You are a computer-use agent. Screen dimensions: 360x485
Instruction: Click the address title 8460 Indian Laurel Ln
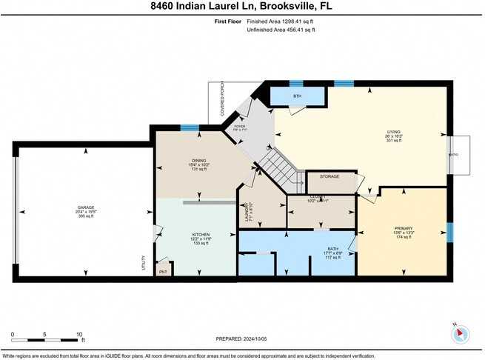(x=242, y=7)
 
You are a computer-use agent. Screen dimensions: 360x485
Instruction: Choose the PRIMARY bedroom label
(x=403, y=228)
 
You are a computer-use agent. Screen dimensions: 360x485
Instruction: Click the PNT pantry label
(x=163, y=271)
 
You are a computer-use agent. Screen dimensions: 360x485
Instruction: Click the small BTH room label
(x=298, y=96)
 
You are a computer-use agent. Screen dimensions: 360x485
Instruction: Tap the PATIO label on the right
(x=454, y=155)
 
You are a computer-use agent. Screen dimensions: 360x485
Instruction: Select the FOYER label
(x=239, y=127)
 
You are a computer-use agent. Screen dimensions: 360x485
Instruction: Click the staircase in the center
(x=279, y=167)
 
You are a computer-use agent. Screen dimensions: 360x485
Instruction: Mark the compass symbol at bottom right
(x=461, y=334)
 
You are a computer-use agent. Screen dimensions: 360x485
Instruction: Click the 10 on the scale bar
(x=79, y=335)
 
